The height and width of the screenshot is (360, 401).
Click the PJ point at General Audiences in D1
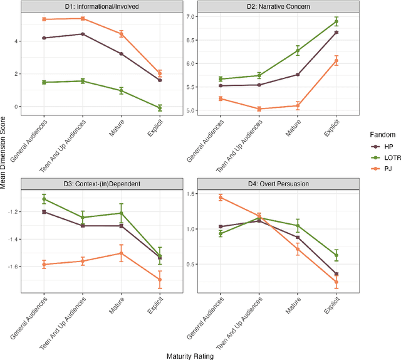pyautogui.click(x=44, y=19)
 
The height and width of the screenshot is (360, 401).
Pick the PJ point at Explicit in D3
pyautogui.click(x=160, y=280)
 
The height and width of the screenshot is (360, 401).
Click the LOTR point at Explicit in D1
pyautogui.click(x=160, y=108)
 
